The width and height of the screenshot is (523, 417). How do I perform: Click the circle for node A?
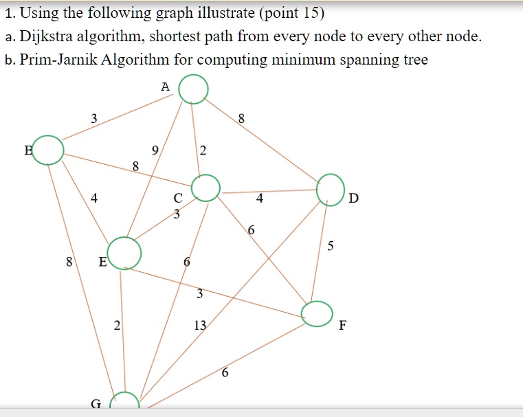(x=193, y=75)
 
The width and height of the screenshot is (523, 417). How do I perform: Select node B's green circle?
(x=47, y=136)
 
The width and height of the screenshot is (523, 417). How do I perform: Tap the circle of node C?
(x=205, y=174)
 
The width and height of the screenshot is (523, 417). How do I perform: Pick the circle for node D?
(x=330, y=174)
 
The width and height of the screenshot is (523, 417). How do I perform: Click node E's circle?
(x=124, y=238)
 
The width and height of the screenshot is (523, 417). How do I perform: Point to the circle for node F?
(x=317, y=302)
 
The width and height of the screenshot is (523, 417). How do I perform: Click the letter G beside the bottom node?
(x=96, y=404)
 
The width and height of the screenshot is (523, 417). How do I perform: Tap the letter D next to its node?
(x=353, y=198)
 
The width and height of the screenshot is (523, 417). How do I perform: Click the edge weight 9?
(x=155, y=150)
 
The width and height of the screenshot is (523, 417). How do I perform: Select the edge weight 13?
(x=200, y=325)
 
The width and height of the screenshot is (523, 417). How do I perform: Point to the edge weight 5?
(x=330, y=246)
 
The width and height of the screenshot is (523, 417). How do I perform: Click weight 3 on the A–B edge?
(x=94, y=118)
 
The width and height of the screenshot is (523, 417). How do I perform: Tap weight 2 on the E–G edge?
(x=117, y=325)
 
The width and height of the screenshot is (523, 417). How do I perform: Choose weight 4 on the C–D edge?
(x=260, y=199)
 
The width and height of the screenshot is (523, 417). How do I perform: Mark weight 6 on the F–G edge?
(x=225, y=372)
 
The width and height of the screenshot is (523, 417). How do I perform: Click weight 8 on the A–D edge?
(x=241, y=118)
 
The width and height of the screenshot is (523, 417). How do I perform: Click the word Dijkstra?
(x=46, y=36)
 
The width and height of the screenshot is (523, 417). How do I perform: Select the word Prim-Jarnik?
(x=58, y=60)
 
